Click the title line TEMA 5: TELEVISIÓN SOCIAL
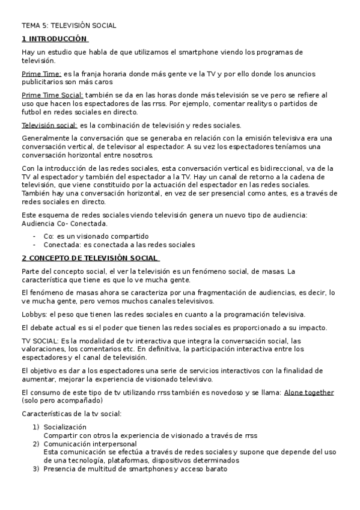tap(69, 26)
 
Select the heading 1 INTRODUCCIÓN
tap(55, 39)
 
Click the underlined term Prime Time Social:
tap(53, 95)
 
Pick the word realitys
tap(257, 103)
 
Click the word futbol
tap(31, 112)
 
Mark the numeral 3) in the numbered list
tap(35, 469)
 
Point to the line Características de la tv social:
tap(72, 414)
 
